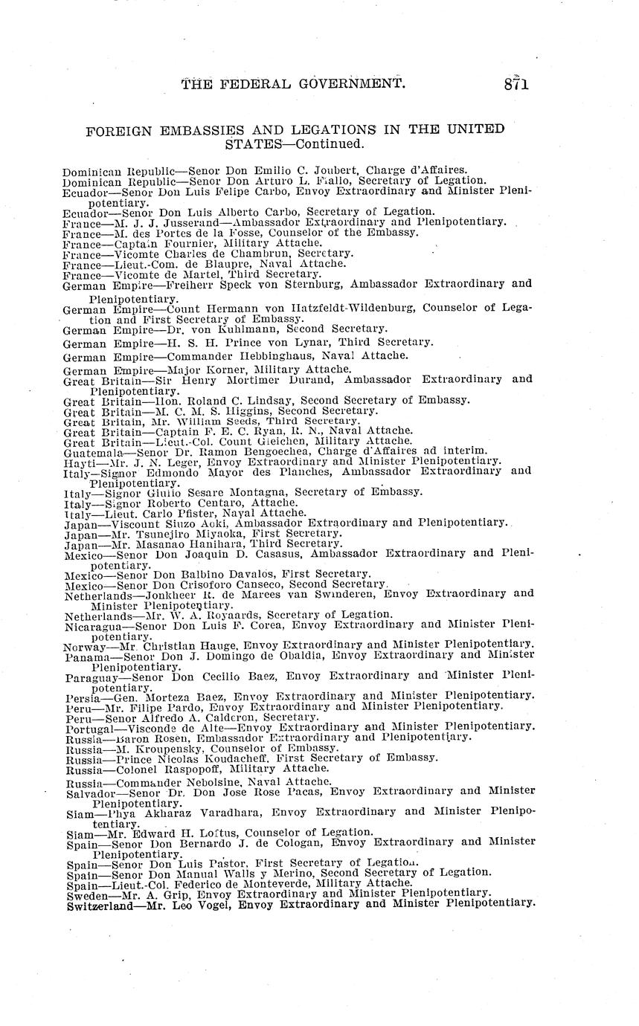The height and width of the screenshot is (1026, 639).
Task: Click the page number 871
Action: pos(515,84)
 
